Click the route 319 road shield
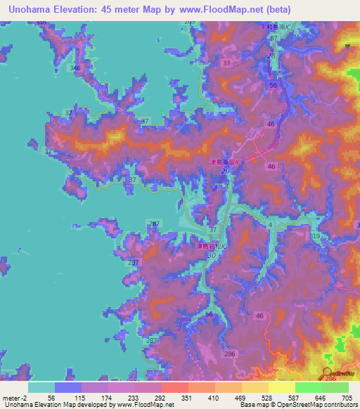(x=314, y=236)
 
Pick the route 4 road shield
(x=271, y=224)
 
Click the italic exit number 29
(x=224, y=171)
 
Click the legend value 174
(x=108, y=397)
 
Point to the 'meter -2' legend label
(x=14, y=397)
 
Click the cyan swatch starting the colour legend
(x=41, y=387)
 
